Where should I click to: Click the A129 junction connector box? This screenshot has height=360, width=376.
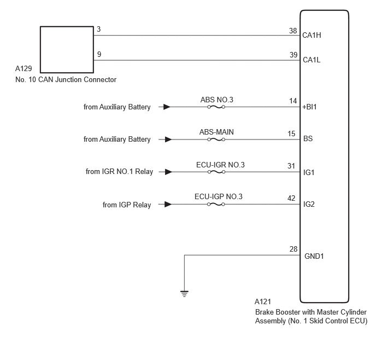tap(67, 26)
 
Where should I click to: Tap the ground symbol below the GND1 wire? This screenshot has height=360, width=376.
tap(184, 294)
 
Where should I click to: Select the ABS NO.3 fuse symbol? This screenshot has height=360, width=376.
tap(216, 107)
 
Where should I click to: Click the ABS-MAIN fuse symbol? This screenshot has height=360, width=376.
tap(216, 140)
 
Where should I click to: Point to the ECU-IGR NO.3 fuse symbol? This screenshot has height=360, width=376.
tap(216, 172)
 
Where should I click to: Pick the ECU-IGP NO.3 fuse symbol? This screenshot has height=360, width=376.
tap(216, 204)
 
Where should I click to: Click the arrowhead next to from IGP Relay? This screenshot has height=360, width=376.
tap(168, 204)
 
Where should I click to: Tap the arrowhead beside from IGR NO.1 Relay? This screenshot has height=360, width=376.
tap(168, 172)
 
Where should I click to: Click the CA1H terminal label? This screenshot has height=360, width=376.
tap(312, 35)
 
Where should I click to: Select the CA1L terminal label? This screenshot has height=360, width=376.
tap(312, 60)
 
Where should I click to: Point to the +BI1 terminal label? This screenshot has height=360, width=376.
tap(309, 107)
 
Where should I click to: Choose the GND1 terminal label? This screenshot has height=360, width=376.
tap(314, 256)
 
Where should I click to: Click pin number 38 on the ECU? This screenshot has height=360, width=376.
tap(293, 31)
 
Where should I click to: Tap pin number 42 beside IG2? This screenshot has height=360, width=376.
tap(291, 198)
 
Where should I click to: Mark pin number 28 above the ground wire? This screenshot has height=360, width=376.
tap(293, 249)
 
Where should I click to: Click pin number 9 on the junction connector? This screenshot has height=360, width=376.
tap(99, 54)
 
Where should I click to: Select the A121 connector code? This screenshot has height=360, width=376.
tap(263, 301)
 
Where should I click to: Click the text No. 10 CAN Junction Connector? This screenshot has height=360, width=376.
tap(66, 79)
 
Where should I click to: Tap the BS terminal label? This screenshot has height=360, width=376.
tap(308, 138)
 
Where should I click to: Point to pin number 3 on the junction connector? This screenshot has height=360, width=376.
tap(98, 30)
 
